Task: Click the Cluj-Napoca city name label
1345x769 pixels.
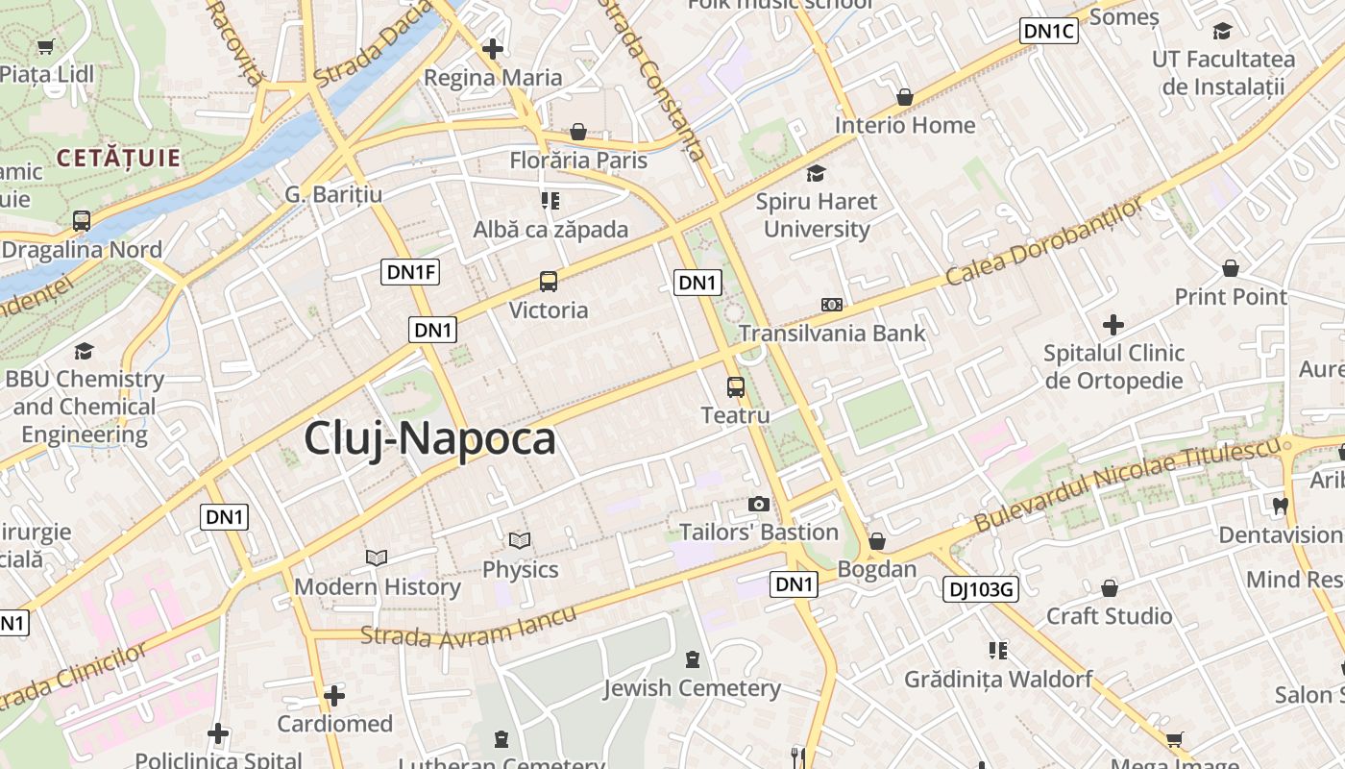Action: (x=429, y=438)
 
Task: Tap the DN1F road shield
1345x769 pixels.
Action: (x=411, y=272)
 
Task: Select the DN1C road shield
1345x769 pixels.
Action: (x=1049, y=31)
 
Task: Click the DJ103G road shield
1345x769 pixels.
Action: (x=980, y=589)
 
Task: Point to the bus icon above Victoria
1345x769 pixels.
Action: (x=548, y=282)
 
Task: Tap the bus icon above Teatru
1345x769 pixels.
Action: (x=736, y=387)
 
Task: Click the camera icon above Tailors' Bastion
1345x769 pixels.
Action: (x=759, y=504)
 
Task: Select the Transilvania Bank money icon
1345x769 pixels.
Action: (x=832, y=305)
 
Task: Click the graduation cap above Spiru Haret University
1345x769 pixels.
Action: (x=816, y=173)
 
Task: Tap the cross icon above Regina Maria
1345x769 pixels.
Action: (x=493, y=48)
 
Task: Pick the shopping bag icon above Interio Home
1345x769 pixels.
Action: (x=904, y=97)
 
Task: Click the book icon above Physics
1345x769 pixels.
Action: (x=520, y=541)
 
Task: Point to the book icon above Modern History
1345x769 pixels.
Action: (x=377, y=558)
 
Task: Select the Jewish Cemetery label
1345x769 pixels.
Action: (x=692, y=688)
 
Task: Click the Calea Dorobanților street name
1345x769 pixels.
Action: (x=1045, y=241)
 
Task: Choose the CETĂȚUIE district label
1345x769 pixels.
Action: (x=118, y=158)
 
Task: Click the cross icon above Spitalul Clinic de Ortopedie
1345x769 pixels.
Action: (x=1113, y=325)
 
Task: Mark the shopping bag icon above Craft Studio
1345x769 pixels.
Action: (x=1110, y=587)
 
